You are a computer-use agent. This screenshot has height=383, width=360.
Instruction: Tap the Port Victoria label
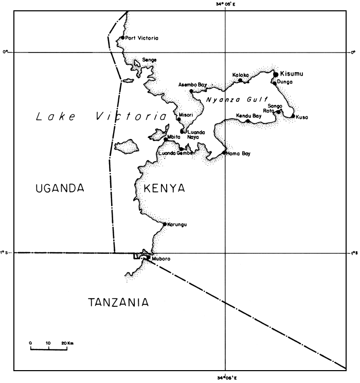click(142, 38)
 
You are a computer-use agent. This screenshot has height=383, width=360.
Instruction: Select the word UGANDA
click(60, 188)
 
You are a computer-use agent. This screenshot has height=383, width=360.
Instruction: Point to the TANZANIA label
click(119, 302)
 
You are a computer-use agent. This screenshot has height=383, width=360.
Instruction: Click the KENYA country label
click(164, 188)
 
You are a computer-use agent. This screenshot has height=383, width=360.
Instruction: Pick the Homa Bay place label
click(239, 153)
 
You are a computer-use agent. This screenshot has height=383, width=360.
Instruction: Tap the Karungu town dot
click(165, 224)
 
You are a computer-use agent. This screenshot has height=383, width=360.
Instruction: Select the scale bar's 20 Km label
click(67, 342)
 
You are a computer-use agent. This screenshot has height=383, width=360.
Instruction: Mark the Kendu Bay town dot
click(247, 121)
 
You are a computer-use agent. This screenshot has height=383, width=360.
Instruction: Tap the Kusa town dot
click(293, 116)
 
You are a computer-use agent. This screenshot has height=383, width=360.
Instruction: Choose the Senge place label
click(149, 60)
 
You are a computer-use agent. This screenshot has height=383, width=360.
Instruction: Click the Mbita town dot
click(166, 139)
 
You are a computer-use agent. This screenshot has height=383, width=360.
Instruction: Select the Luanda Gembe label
click(175, 153)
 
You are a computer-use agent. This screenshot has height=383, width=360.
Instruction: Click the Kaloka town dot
click(240, 80)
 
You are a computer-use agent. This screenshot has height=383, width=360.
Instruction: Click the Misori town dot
click(178, 119)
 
